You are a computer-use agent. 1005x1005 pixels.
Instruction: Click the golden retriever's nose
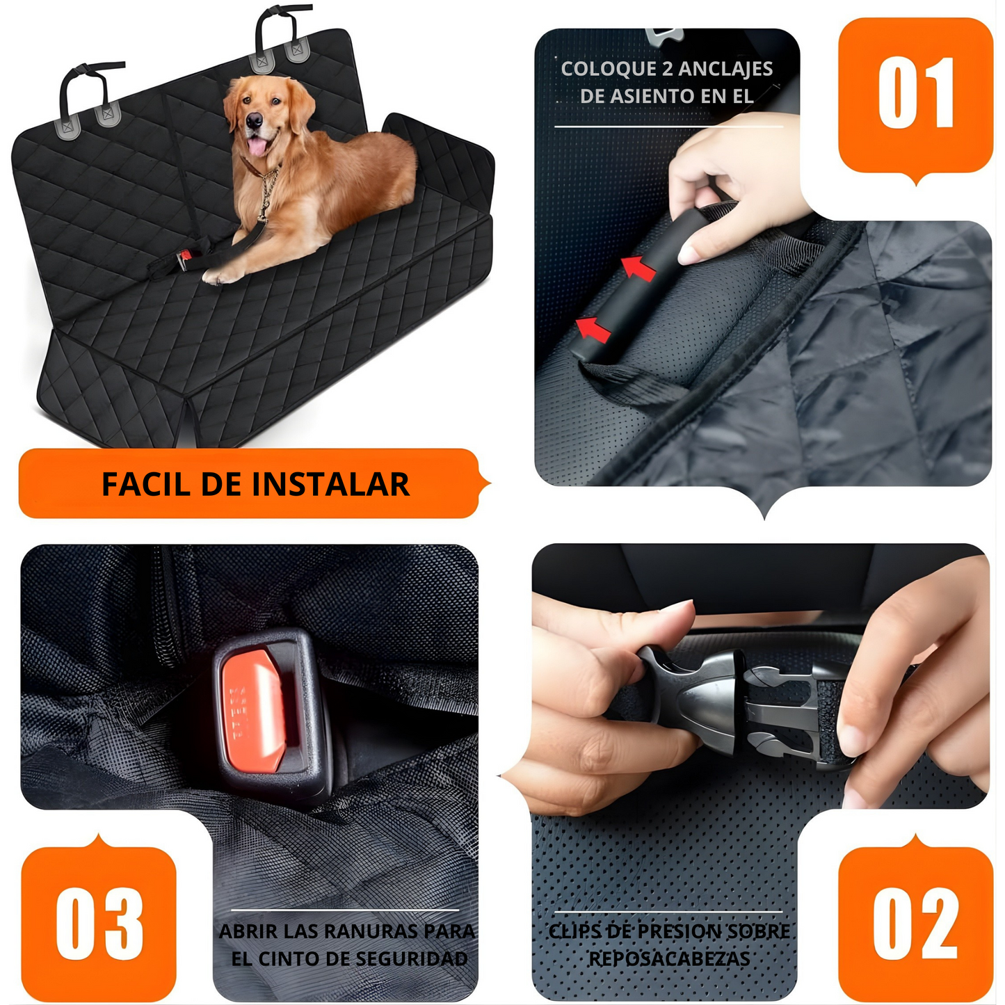pos(255,122)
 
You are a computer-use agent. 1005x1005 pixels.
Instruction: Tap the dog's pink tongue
pos(257,146)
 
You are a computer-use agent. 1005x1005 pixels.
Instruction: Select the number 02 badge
pos(915,924)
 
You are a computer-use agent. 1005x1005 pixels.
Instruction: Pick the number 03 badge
pos(99,924)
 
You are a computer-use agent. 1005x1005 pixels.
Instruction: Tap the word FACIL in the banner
pos(146,485)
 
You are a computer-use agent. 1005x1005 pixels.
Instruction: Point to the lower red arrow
pos(594,328)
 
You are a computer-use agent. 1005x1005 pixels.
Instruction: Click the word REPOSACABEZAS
pos(669,959)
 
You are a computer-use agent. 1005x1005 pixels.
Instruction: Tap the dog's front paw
pos(216,277)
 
